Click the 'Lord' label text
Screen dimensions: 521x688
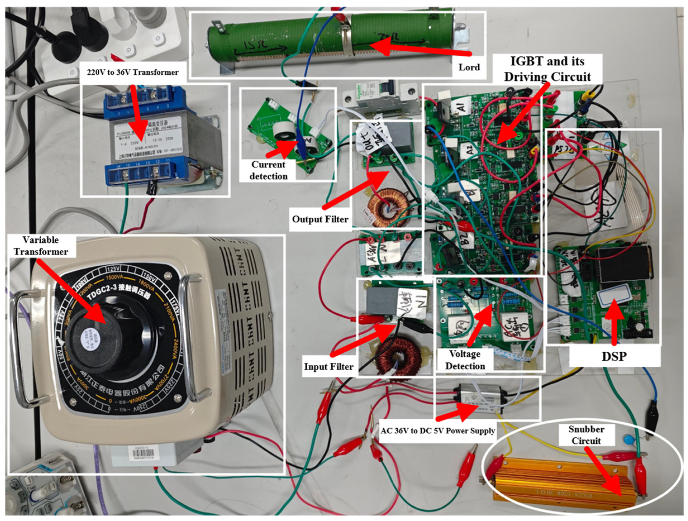469,67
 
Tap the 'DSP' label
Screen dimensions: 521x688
614,356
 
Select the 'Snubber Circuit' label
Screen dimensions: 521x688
586,435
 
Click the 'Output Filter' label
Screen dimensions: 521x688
320,219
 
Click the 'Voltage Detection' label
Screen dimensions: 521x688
465,360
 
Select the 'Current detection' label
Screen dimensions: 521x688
268,170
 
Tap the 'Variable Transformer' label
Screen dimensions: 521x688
40,246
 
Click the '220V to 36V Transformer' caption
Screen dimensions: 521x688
133,72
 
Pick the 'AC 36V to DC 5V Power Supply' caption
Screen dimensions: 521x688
437,431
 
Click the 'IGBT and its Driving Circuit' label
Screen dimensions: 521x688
547,69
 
